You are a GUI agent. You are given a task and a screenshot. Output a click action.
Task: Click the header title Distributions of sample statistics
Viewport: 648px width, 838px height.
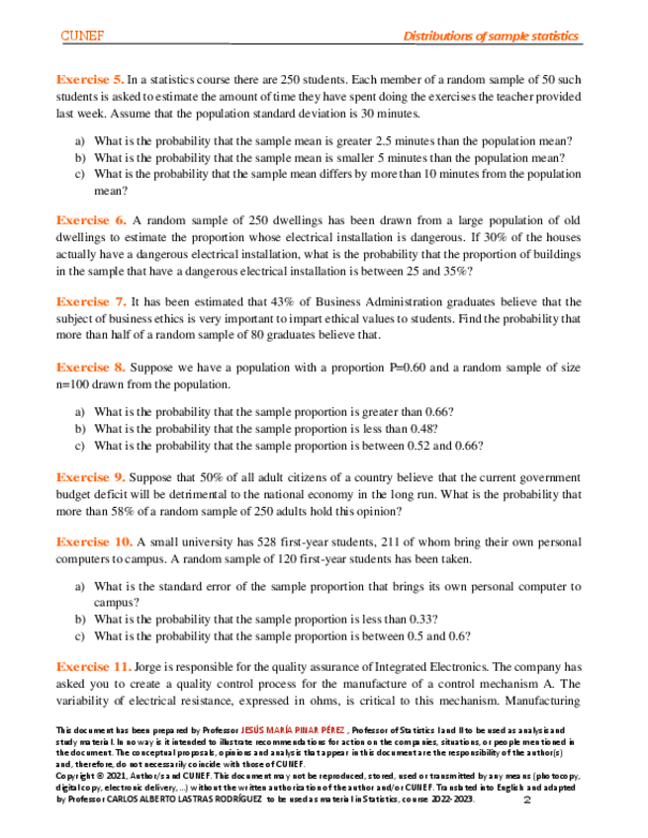click(491, 37)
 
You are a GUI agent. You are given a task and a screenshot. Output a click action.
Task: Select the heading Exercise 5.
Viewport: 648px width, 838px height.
click(90, 78)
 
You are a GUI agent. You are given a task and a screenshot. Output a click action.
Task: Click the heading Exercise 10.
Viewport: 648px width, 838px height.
click(95, 542)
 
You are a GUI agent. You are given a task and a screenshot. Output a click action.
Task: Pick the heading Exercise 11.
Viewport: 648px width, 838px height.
click(95, 666)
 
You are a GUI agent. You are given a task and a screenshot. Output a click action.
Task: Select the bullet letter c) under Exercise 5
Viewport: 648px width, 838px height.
click(80, 174)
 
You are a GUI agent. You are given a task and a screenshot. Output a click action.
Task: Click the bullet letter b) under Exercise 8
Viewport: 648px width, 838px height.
click(80, 429)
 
